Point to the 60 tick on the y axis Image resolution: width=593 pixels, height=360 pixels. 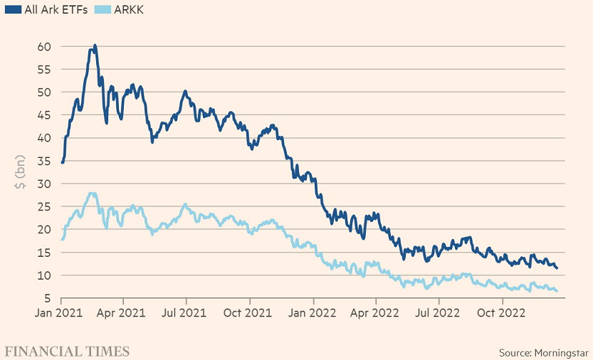pos(45,46)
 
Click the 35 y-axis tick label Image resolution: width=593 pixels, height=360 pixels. pos(45,161)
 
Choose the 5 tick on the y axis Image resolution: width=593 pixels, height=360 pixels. pos(48,298)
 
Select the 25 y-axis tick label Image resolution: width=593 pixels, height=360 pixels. pos(45,206)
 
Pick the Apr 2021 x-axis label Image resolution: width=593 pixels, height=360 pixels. pos(122,311)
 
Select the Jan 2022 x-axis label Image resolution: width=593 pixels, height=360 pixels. pos(313,311)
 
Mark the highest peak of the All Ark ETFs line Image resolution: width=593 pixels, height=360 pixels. pos(95,46)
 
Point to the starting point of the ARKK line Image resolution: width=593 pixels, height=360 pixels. pos(63,239)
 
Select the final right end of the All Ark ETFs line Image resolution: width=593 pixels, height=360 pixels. pos(557,268)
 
